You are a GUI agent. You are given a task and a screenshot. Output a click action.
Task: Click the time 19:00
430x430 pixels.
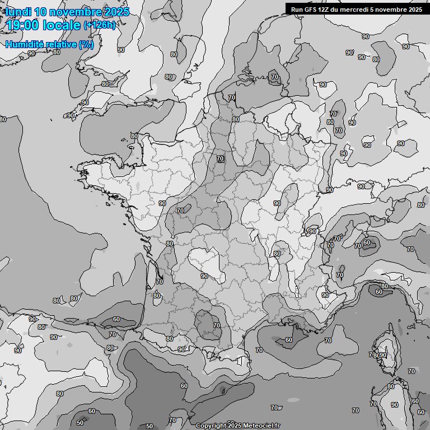23,25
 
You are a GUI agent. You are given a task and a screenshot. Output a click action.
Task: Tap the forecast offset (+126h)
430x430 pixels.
100,25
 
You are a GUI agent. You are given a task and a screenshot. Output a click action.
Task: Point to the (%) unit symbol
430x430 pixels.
86,44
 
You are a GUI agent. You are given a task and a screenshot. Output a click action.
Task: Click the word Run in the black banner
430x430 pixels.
297,9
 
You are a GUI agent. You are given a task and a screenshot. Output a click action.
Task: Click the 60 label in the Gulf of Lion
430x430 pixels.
289,340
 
